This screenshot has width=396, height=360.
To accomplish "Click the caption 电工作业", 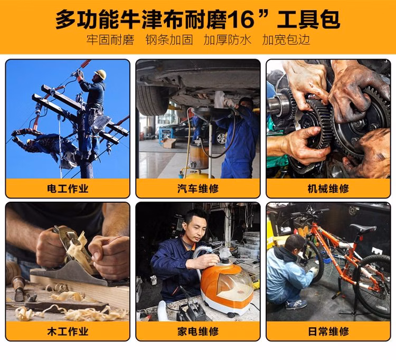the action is coord(68,188).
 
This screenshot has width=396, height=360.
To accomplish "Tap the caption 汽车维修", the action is coord(198,188).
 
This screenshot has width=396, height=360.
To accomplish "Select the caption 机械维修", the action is coord(328,188).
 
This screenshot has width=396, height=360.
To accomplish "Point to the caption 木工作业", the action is coord(68,331).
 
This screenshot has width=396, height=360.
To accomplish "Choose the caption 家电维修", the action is coord(198,331).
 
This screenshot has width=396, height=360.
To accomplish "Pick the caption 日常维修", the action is coord(328,331).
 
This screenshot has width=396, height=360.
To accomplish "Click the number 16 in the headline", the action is coord(241,20).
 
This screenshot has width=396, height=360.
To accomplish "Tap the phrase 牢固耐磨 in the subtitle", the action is coord(110,40).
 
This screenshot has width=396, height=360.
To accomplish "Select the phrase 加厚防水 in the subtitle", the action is coord(227,40).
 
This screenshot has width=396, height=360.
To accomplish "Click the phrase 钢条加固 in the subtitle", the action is coord(169,40).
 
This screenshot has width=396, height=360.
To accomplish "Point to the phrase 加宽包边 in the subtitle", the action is coord(286,40).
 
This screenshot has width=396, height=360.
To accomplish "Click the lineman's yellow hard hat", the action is coord(100,74).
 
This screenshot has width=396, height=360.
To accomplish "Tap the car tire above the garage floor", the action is coord(153,100).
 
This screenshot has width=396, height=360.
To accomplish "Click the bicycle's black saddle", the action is coord(363,229).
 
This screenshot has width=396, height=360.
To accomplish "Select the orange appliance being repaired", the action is coord(227,287).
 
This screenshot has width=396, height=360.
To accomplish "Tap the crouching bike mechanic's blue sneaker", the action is coord(296,305).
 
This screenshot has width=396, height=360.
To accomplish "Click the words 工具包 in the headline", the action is coord(308,20).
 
